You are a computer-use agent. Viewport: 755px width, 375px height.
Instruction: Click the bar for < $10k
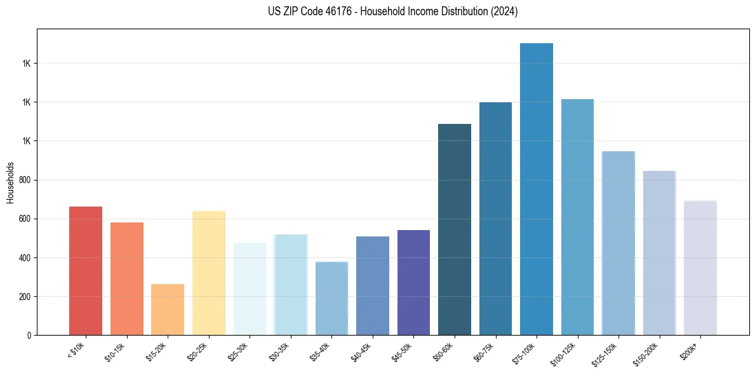tap(86, 271)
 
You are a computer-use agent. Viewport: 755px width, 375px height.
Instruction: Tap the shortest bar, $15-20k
tap(168, 310)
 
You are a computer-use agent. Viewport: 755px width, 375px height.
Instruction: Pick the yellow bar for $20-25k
tap(209, 273)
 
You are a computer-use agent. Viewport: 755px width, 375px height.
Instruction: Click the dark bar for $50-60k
tap(455, 229)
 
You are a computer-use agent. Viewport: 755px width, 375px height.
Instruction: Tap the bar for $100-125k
tap(577, 217)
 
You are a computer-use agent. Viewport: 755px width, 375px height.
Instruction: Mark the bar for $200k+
tap(700, 268)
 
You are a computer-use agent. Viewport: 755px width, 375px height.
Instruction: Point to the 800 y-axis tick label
tap(25, 180)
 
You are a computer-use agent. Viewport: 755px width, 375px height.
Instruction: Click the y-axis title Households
tap(10, 182)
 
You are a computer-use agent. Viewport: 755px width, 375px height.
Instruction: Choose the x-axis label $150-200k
tap(646, 353)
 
